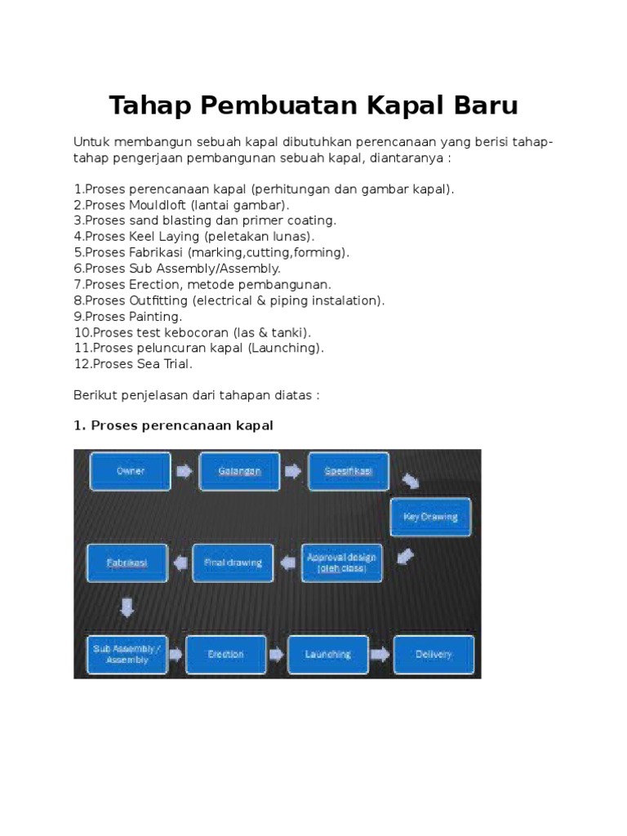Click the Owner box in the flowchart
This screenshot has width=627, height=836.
tap(130, 472)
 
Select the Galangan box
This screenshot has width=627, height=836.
tap(239, 472)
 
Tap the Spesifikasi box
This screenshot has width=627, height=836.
tap(349, 472)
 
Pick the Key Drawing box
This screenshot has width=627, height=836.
tap(430, 517)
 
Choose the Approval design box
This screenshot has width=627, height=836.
tap(341, 563)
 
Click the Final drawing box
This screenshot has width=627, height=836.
tap(233, 563)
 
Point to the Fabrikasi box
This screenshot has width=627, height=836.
tap(127, 563)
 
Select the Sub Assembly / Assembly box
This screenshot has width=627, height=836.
tap(127, 654)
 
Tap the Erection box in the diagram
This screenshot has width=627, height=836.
tap(226, 654)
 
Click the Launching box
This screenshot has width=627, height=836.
tap(327, 654)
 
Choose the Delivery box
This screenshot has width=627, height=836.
tap(434, 654)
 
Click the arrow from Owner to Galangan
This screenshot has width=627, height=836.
tap(184, 472)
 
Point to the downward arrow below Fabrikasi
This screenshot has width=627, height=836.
tap(127, 607)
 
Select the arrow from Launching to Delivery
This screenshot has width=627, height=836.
tap(380, 654)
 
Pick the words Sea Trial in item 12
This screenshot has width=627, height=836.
tap(170, 364)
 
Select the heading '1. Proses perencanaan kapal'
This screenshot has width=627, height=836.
tap(172, 426)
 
